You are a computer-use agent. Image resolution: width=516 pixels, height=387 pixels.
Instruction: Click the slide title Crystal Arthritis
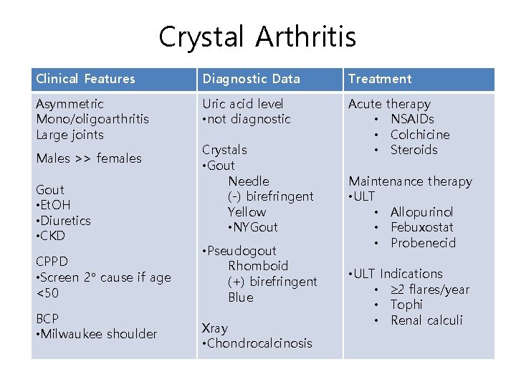[257, 37]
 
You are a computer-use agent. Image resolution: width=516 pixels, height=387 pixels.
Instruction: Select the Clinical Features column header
[85, 79]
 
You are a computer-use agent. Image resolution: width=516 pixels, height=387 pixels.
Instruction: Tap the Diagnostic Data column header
[251, 79]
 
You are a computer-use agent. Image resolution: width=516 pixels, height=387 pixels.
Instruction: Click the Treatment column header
[380, 79]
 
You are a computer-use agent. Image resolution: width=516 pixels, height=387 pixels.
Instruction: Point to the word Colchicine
[420, 135]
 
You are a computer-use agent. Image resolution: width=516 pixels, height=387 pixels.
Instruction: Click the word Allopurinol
[421, 212]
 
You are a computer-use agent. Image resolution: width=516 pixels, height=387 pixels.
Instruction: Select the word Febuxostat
[422, 227]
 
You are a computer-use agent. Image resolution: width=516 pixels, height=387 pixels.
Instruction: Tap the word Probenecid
[423, 243]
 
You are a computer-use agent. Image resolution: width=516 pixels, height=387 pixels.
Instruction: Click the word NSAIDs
[412, 119]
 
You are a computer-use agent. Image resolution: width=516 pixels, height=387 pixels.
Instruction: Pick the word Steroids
[414, 150]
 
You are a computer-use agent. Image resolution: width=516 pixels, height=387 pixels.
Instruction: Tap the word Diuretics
[65, 221]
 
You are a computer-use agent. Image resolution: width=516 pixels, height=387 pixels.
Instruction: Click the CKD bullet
[52, 236]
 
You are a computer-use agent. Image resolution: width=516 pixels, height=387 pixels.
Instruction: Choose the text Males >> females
[89, 158]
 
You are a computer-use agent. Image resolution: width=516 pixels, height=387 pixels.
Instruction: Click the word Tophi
[406, 305]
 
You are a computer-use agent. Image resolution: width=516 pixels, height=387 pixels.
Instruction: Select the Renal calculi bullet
[426, 320]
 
